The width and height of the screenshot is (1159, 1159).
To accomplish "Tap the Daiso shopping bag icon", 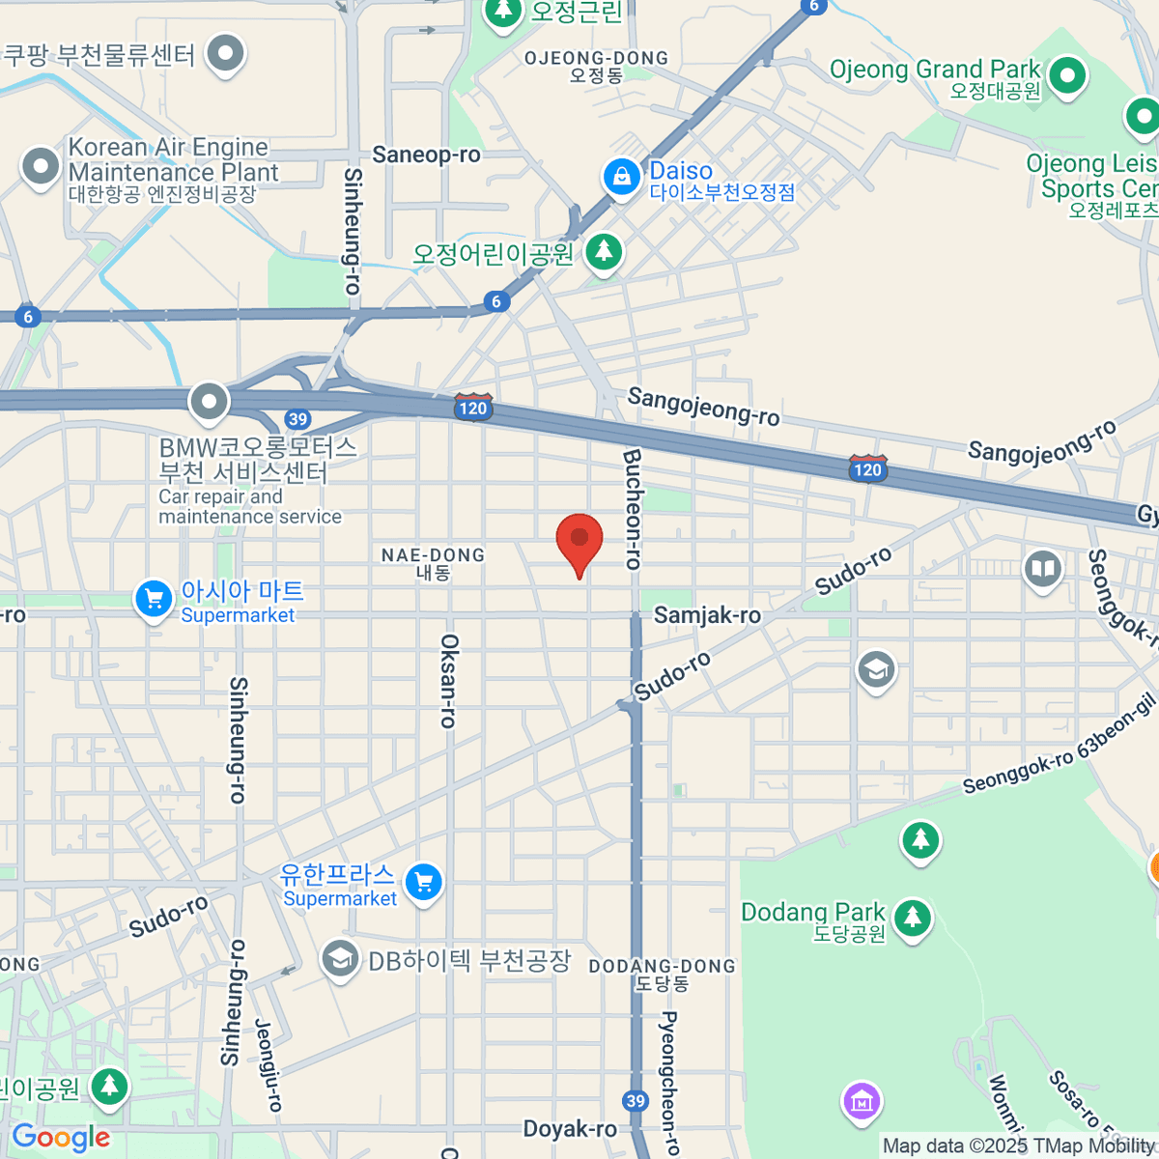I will coord(622,178).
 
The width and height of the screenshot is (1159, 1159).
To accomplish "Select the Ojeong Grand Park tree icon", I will coord(1066,76).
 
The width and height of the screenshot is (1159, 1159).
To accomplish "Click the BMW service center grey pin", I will coord(209,402).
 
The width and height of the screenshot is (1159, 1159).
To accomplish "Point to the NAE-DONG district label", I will coord(433,555).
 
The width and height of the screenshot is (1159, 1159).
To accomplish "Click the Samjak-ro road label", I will coord(707,615).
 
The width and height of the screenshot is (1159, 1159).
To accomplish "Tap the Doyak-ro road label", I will coord(570,1129).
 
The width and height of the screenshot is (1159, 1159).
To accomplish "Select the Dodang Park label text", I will coord(812,913).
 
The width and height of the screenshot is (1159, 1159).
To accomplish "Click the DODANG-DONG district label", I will coord(662,967).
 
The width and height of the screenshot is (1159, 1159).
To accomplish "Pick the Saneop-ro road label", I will coord(426,155).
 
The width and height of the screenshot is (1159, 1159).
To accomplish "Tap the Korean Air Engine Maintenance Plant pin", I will coord(41,166).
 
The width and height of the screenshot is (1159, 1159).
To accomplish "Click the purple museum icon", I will coord(861,1100).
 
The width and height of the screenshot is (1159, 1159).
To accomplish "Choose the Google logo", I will coord(61,1138).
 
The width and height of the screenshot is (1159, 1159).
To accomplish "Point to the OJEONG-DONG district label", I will coord(596,59).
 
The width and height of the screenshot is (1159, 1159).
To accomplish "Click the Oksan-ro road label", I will coord(449,680).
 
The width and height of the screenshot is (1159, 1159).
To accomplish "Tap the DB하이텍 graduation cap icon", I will coord(340,960).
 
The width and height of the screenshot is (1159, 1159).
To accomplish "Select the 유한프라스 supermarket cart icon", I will coord(423,882).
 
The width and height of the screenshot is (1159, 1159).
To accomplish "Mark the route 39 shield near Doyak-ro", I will coord(635,1101).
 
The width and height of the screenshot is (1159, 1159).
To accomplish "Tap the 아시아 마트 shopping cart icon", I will coord(154,599).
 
